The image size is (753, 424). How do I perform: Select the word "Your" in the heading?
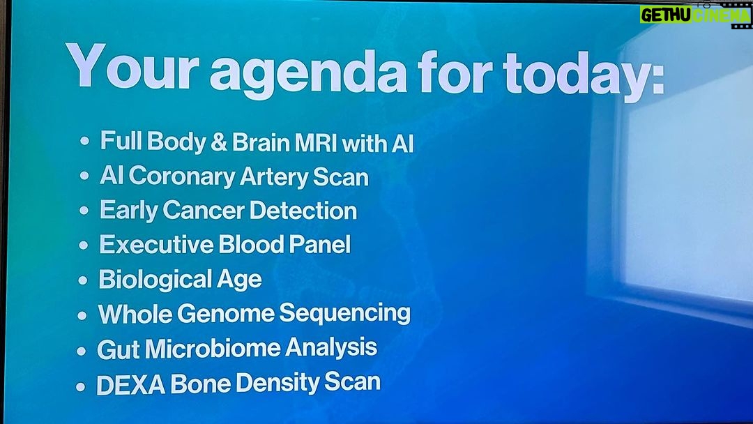[x=132, y=66]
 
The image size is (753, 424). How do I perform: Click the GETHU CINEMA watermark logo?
[x=695, y=15]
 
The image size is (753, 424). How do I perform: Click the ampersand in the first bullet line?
[x=218, y=143]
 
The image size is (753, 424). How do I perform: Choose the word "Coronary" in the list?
[x=181, y=177]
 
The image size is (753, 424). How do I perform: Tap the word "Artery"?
[x=273, y=177]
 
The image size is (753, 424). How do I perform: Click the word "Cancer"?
[x=204, y=211]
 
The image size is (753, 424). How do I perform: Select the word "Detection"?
[x=303, y=211]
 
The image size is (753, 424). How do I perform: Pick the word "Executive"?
[x=156, y=244]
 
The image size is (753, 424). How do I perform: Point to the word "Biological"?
[x=155, y=280]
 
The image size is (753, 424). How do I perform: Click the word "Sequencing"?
[x=345, y=314]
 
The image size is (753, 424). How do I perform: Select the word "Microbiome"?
[x=213, y=348]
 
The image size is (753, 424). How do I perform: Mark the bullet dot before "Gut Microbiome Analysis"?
[x=81, y=351]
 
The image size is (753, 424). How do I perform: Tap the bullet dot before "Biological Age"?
[x=82, y=280]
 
